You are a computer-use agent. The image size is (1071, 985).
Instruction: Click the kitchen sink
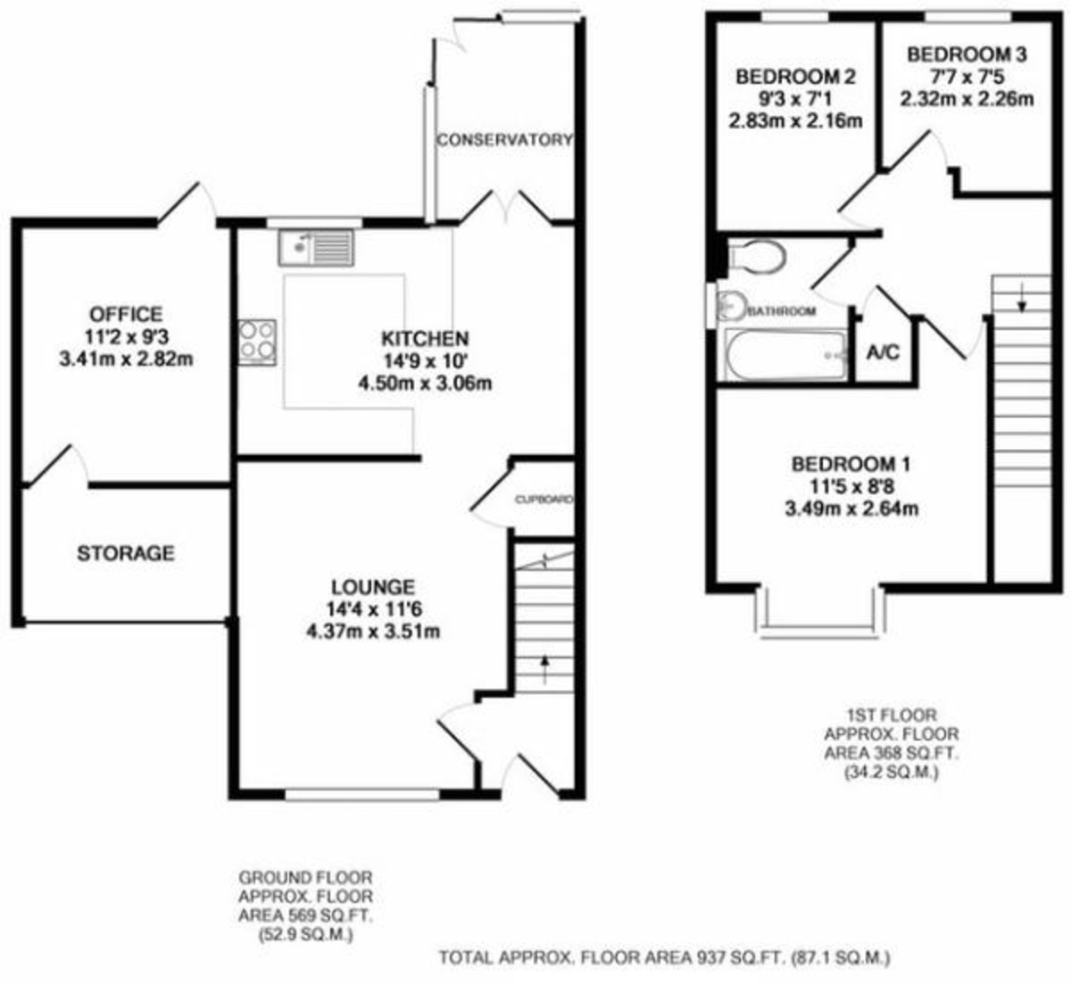click(316, 247)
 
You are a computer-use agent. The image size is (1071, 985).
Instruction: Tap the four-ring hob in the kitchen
click(257, 342)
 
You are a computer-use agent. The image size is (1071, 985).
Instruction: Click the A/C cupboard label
click(883, 352)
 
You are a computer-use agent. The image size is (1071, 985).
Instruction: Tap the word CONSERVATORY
click(504, 140)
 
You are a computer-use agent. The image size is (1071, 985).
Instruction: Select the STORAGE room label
click(126, 553)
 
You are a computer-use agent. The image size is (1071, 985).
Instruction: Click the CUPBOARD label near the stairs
click(543, 501)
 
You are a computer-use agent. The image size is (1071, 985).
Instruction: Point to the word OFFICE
click(126, 314)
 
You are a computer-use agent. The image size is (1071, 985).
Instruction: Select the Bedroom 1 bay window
click(820, 616)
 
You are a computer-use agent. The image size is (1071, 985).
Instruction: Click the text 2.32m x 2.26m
click(967, 99)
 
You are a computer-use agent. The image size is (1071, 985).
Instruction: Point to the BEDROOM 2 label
click(796, 78)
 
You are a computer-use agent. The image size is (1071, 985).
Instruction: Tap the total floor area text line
click(664, 958)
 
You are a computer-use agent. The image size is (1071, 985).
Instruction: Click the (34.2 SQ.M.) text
click(892, 774)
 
